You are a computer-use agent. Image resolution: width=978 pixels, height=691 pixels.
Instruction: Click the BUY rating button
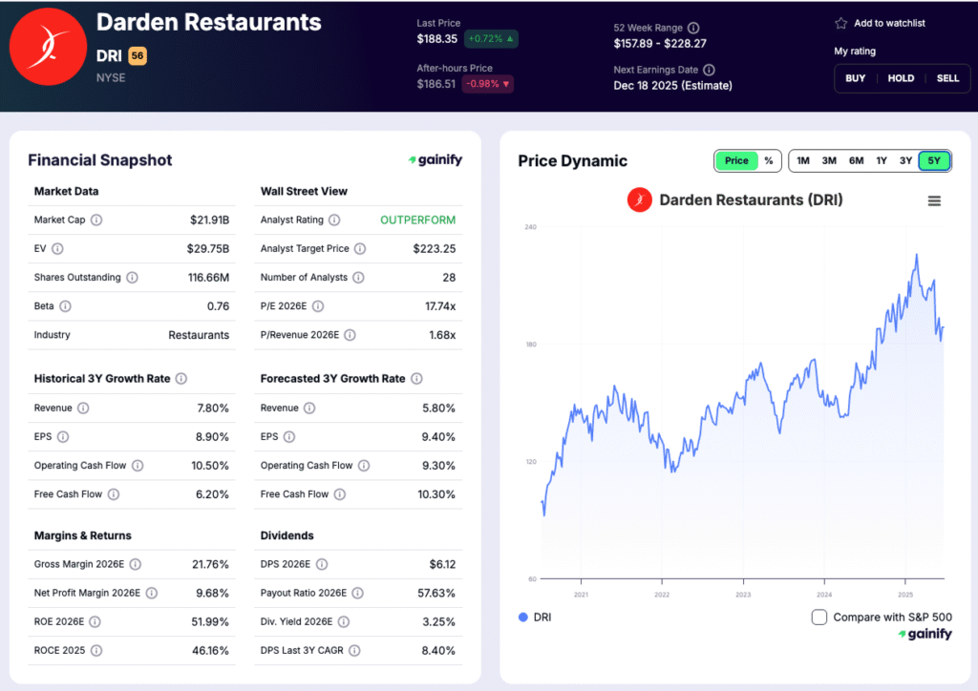click(x=856, y=78)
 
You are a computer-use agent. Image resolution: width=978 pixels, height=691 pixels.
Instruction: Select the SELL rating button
click(x=947, y=78)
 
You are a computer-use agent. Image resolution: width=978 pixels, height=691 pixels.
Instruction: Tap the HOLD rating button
click(x=901, y=78)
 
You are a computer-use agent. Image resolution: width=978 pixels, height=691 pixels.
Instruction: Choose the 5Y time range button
click(x=934, y=160)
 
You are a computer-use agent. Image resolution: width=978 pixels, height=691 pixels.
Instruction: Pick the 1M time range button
click(x=803, y=160)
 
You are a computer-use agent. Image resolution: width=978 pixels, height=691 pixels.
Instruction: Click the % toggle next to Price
click(x=768, y=160)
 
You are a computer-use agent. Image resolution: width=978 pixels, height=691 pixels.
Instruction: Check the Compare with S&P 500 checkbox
click(x=819, y=618)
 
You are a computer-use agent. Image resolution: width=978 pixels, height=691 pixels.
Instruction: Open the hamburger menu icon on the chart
click(x=934, y=200)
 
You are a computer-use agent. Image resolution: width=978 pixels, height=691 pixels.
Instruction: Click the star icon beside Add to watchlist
click(x=840, y=23)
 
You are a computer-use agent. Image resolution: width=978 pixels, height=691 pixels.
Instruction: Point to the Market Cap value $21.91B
click(x=209, y=220)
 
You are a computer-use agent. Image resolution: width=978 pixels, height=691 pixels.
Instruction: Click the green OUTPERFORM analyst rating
click(x=417, y=220)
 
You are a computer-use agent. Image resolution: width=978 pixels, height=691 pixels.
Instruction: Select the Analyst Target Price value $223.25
click(x=434, y=249)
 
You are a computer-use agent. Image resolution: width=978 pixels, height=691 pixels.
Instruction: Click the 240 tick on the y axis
click(x=530, y=227)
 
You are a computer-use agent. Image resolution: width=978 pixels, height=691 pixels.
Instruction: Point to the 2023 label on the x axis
click(x=743, y=595)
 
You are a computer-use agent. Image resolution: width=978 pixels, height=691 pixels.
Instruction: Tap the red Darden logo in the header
click(x=47, y=47)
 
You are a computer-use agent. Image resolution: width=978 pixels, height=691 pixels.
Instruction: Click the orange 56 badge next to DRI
click(x=138, y=56)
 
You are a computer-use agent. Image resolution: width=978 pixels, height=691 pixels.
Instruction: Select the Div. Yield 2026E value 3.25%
click(x=437, y=622)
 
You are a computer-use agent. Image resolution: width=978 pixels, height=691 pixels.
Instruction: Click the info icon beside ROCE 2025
click(x=95, y=651)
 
